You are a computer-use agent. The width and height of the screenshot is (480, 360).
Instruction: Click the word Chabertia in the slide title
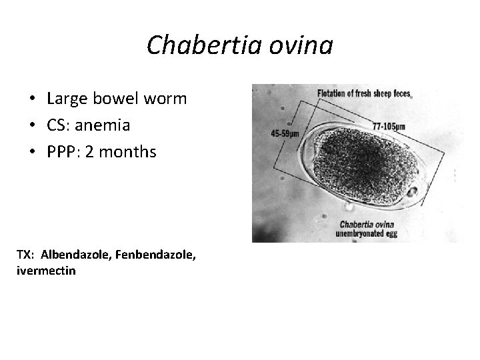point(203,45)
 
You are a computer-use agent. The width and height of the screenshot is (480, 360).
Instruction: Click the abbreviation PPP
point(64,152)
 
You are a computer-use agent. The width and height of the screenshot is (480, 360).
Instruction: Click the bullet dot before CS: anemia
point(32,126)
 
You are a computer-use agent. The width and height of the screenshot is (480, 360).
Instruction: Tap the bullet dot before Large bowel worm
point(32,100)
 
